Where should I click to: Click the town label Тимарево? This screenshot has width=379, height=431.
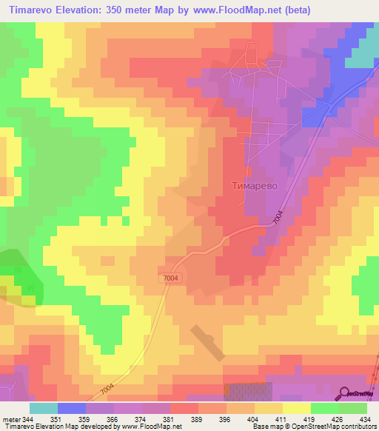click(x=254, y=187)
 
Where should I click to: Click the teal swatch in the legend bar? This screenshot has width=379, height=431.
click(x=43, y=408)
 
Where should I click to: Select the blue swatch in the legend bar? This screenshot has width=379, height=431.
click(x=72, y=408)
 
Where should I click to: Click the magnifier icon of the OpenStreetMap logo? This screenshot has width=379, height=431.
click(x=345, y=392)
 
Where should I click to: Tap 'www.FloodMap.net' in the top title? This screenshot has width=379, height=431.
click(x=234, y=10)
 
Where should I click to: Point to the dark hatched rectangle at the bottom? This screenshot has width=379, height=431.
click(x=247, y=392)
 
